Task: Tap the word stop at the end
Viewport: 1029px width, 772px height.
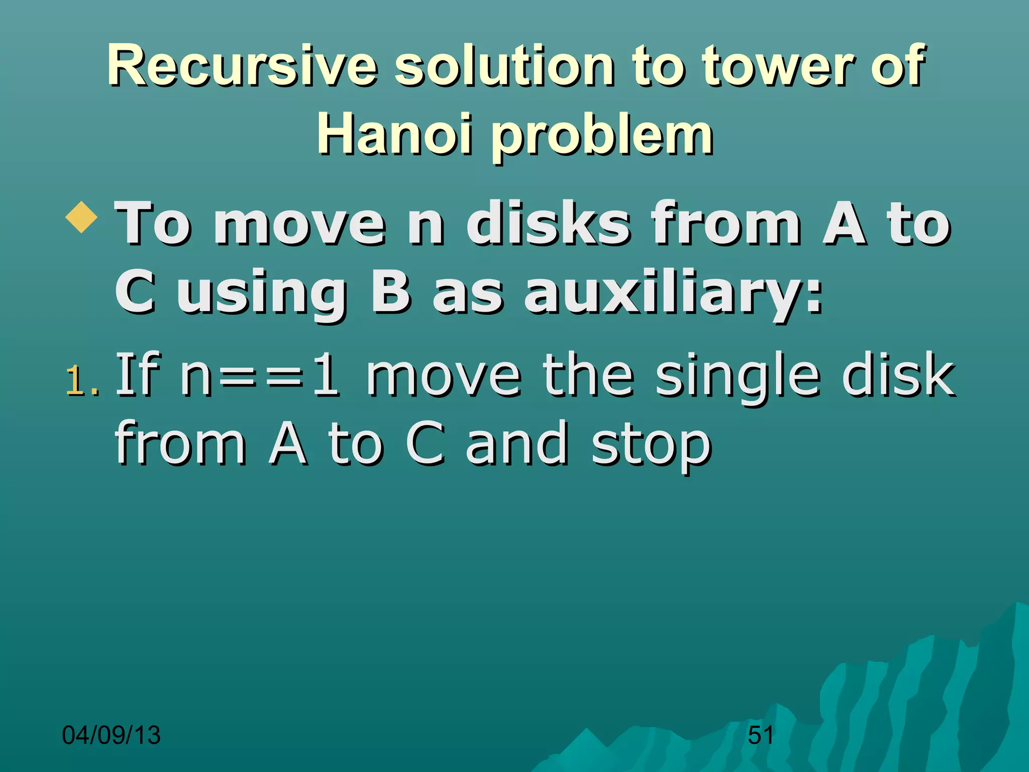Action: tap(651, 445)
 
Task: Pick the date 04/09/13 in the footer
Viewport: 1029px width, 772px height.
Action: tap(111, 735)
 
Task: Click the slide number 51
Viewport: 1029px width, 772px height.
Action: tap(761, 735)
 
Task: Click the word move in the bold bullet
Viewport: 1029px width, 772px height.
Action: tap(299, 223)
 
